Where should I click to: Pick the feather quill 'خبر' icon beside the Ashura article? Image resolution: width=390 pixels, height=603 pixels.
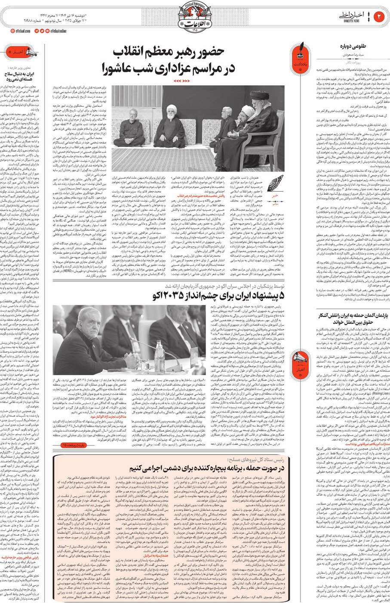(x=275, y=184)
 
